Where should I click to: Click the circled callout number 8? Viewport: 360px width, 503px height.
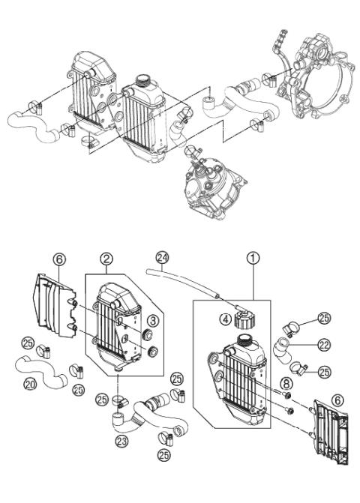[286, 385]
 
